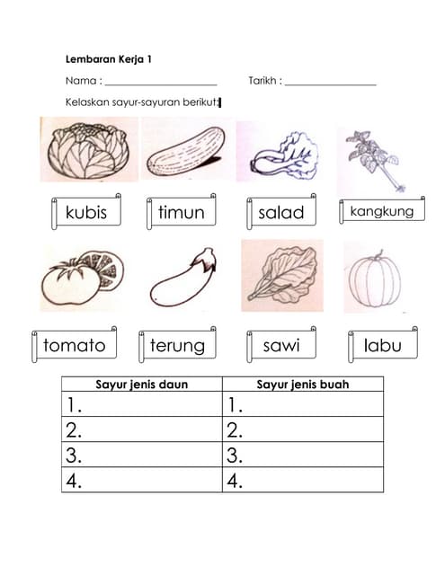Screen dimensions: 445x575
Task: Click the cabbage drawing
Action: pyautogui.click(x=88, y=150)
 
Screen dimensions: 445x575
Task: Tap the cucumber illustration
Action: pyautogui.click(x=186, y=151)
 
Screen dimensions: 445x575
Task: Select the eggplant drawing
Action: pyautogui.click(x=183, y=278)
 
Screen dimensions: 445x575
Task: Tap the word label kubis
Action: pyautogui.click(x=86, y=212)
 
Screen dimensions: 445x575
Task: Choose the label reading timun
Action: pyautogui.click(x=182, y=212)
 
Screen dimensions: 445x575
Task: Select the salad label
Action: pyautogui.click(x=281, y=212)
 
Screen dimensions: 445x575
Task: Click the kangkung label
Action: pyautogui.click(x=382, y=210)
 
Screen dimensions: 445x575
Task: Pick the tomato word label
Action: pyautogui.click(x=75, y=344)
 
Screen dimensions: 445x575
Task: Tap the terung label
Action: pyautogui.click(x=178, y=344)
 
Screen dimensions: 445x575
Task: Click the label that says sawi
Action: pyautogui.click(x=281, y=344)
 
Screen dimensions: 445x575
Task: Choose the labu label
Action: pyautogui.click(x=383, y=344)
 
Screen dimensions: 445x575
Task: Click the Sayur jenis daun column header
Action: pyautogui.click(x=142, y=384)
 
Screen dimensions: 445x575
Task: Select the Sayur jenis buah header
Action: pyautogui.click(x=303, y=384)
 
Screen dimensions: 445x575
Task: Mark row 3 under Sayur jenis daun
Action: pyautogui.click(x=142, y=455)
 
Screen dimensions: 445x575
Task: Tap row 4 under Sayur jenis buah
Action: pyautogui.click(x=303, y=480)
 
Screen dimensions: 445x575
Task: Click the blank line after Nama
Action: pyautogui.click(x=161, y=84)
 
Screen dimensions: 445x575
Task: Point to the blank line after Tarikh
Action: pyautogui.click(x=331, y=84)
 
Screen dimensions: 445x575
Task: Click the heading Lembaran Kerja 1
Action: pyautogui.click(x=109, y=59)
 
